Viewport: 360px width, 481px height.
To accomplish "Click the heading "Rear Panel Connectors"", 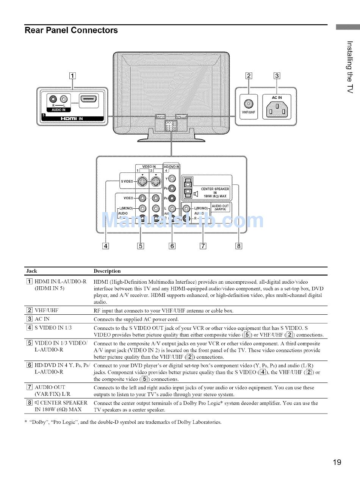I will tap(71, 30).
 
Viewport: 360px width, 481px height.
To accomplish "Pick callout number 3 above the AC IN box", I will tap(277, 75).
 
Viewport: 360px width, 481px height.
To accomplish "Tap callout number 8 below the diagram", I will tap(239, 246).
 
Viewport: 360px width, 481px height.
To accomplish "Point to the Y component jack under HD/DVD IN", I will tap(172, 179).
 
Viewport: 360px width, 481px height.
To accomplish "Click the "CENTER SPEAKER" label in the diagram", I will tap(215, 189).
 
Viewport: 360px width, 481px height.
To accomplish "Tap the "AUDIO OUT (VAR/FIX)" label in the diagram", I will tap(220, 207).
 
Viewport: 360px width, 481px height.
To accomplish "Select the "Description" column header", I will tap(107, 271).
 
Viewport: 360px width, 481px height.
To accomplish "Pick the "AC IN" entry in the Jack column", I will tap(42, 319).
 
